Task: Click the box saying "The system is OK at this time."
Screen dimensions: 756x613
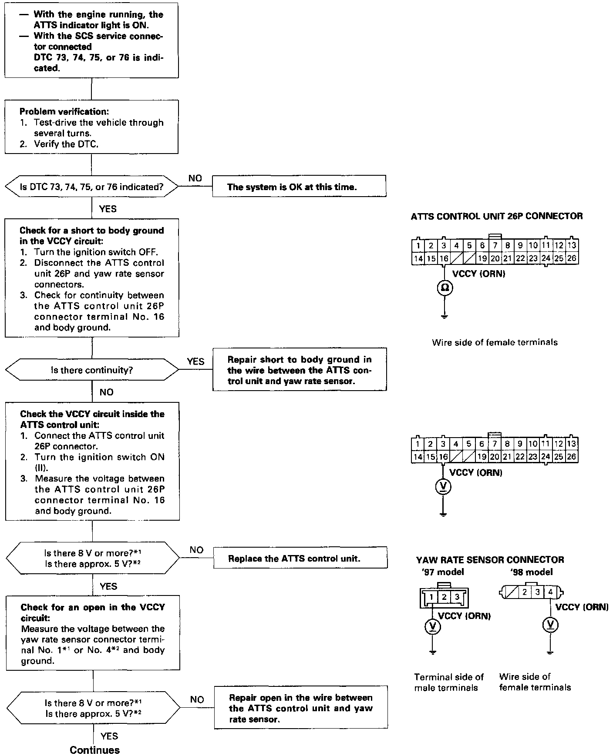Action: [x=299, y=186]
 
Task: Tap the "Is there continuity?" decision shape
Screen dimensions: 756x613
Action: [x=92, y=370]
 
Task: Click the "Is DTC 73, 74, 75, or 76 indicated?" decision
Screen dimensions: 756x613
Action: [x=91, y=187]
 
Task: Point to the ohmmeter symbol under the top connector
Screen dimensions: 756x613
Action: [x=444, y=288]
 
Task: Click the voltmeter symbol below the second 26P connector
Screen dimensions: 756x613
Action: [x=443, y=487]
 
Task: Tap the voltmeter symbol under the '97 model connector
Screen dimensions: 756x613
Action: [x=432, y=626]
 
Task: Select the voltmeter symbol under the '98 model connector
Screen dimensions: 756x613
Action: [x=550, y=625]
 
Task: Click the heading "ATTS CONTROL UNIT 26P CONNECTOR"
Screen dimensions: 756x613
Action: [x=496, y=216]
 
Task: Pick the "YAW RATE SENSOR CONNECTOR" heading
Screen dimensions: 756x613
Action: [x=490, y=560]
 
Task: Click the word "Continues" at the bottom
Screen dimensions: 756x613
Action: [x=94, y=750]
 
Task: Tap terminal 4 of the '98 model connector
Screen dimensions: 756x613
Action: [x=550, y=592]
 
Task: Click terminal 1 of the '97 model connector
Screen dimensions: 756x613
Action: [x=431, y=597]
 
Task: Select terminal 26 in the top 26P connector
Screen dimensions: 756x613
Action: [x=572, y=258]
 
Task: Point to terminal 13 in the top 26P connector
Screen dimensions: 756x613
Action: [x=572, y=246]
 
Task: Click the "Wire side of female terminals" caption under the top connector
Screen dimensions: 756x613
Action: [x=495, y=342]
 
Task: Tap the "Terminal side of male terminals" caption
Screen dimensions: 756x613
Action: [x=448, y=682]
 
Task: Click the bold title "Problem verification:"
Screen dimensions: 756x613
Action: [x=64, y=112]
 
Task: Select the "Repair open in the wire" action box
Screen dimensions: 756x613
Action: [x=300, y=708]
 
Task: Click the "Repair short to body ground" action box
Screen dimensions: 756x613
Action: [x=300, y=370]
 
